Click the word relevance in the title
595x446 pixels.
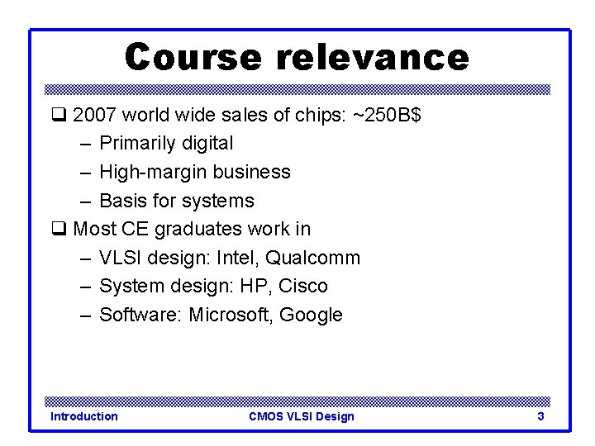pyautogui.click(x=373, y=58)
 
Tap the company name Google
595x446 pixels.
pyautogui.click(x=311, y=315)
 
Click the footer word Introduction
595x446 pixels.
pyautogui.click(x=84, y=416)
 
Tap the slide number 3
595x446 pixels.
pyautogui.click(x=540, y=416)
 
